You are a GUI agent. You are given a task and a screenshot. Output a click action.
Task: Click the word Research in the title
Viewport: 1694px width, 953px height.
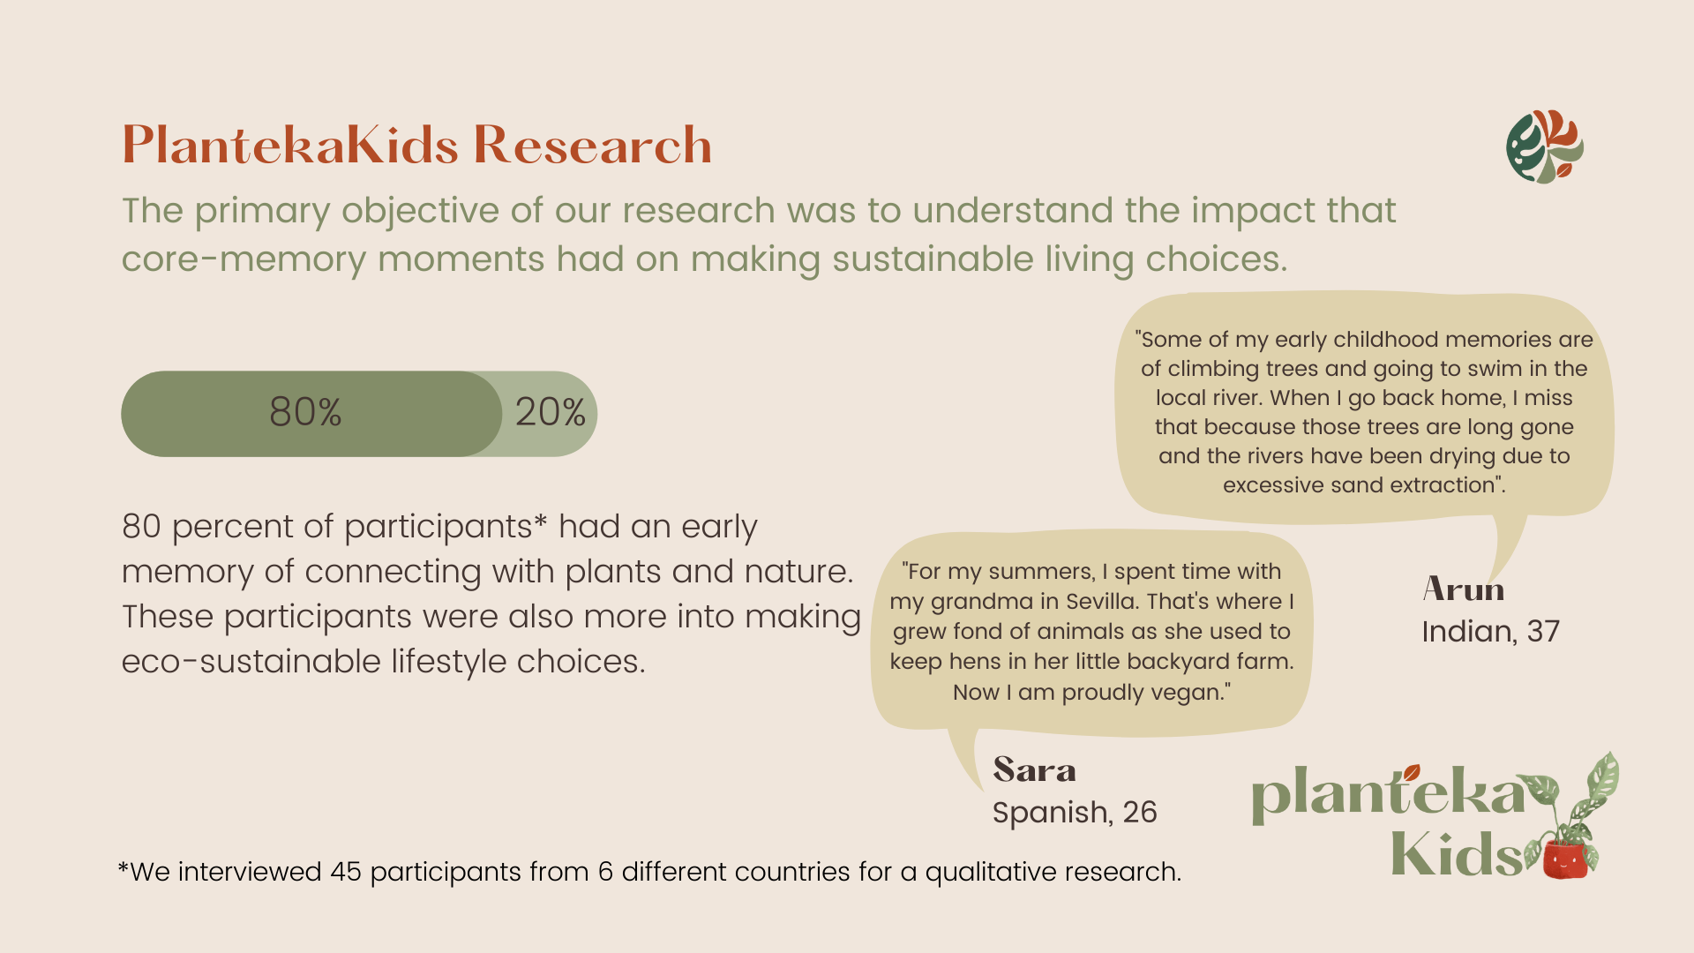coord(592,145)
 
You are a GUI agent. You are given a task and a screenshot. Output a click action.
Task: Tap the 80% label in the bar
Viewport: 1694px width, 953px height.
coord(305,412)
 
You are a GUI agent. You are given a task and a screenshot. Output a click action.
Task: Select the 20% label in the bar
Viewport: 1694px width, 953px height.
coord(550,412)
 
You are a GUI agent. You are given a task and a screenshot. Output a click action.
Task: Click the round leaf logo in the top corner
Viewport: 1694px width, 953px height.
coord(1544,146)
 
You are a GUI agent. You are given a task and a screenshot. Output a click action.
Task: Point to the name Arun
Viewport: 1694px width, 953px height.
coord(1464,589)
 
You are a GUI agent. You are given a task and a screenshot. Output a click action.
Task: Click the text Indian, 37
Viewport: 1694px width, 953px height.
coord(1490,632)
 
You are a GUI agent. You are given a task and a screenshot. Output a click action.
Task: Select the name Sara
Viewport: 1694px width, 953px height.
coord(1034,769)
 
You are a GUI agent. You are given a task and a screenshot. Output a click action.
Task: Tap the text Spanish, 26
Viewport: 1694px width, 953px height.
coord(1075,813)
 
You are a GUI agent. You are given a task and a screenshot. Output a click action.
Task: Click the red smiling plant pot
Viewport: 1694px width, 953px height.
coord(1567,859)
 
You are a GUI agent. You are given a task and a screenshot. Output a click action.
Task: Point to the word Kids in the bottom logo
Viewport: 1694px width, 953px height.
coord(1457,853)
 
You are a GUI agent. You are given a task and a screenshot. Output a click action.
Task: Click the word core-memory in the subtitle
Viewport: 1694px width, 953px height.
coord(244,259)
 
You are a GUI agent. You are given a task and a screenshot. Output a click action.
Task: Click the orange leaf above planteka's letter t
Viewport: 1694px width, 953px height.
coord(1412,773)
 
